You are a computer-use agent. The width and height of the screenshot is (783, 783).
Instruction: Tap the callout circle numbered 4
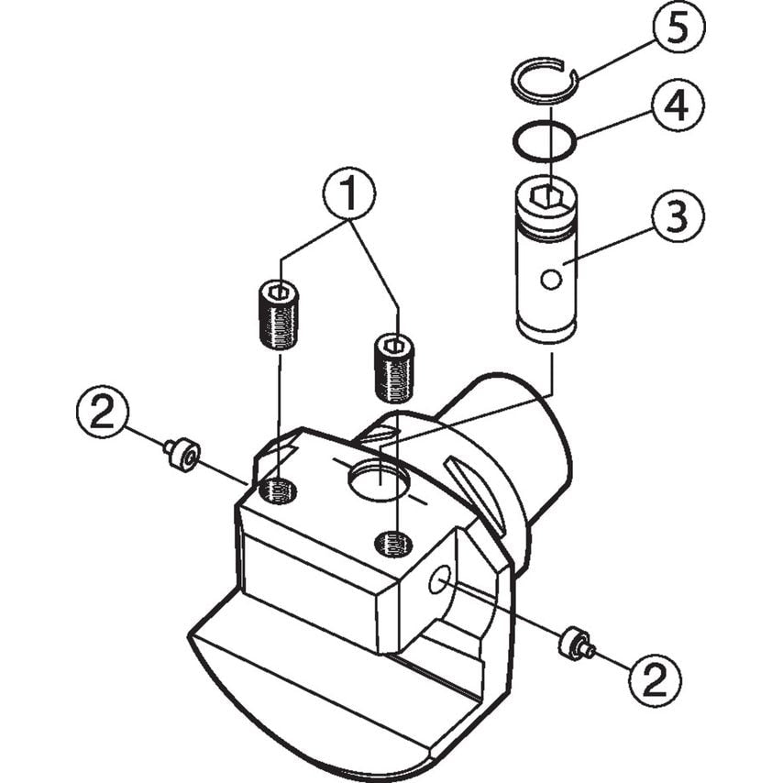point(678,108)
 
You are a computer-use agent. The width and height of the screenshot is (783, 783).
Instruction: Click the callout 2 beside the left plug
point(103,412)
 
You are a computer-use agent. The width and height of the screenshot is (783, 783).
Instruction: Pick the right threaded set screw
point(395,368)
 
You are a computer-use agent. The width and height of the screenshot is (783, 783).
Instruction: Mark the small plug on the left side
point(183,453)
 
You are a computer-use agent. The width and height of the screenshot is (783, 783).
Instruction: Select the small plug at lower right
point(574,644)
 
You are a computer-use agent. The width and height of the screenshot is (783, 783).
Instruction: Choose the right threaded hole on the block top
point(393,545)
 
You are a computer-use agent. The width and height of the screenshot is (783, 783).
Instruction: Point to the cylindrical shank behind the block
point(527,440)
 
